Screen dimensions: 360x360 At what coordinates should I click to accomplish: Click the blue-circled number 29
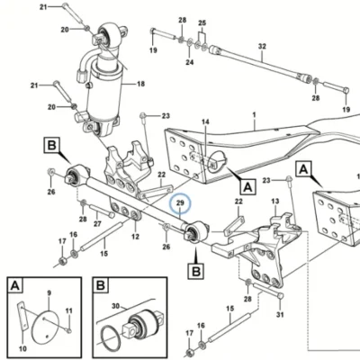point(180,203)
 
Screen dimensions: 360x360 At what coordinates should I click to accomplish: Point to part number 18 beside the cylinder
point(140,84)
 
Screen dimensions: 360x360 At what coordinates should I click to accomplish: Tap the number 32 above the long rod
point(262,47)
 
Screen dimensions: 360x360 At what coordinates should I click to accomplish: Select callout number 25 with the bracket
point(202,23)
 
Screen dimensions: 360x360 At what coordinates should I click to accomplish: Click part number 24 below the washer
point(190,62)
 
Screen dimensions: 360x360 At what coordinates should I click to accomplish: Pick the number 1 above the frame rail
point(255,114)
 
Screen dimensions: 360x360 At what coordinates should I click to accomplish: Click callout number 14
point(205,122)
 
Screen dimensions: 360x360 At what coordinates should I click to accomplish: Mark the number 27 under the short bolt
point(97,223)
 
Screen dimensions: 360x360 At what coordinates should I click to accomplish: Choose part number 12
point(135,237)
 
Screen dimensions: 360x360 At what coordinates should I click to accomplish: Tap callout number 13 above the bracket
point(275,201)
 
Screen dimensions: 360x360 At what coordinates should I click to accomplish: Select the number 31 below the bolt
point(280,314)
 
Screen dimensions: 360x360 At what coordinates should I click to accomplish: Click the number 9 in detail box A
point(49,292)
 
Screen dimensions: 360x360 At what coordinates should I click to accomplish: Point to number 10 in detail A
point(22,348)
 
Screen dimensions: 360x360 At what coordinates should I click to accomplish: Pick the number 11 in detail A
point(69,310)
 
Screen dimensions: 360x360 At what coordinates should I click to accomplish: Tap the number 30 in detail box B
point(115,306)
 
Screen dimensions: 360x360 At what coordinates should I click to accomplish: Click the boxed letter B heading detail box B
point(101,285)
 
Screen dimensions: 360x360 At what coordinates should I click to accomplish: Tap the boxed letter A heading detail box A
point(15,285)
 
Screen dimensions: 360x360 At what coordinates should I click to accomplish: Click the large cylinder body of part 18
point(104,92)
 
